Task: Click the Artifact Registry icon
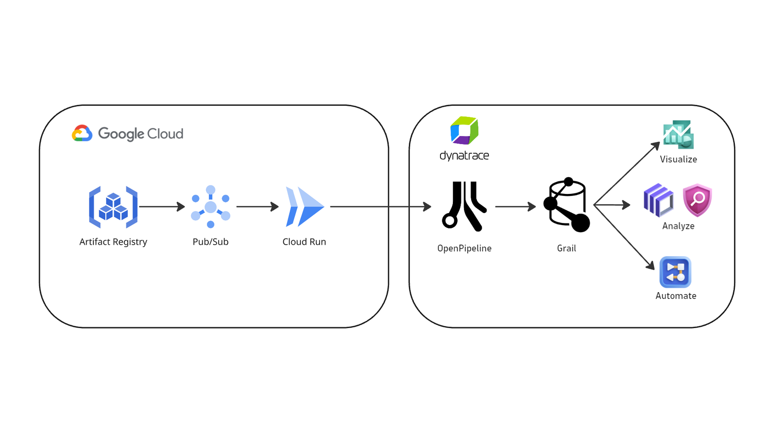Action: [x=113, y=207]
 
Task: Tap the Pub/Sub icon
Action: [x=211, y=206]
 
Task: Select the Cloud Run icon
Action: [x=304, y=206]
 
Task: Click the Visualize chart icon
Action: [x=678, y=135]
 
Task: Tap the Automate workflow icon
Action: [x=676, y=272]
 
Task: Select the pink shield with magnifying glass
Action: [x=697, y=200]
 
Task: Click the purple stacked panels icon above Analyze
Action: [x=658, y=201]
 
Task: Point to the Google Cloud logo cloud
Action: [x=82, y=133]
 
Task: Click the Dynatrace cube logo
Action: [x=464, y=130]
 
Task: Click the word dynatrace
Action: [x=464, y=156]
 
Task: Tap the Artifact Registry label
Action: [x=113, y=242]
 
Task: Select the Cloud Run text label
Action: [x=304, y=242]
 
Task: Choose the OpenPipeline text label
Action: [x=464, y=249]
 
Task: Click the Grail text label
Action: [x=567, y=249]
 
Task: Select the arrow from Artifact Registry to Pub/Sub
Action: [x=162, y=206]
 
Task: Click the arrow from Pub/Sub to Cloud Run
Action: [x=258, y=206]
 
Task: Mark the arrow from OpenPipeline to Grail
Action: [x=516, y=206]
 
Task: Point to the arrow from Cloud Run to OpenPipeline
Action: [x=381, y=206]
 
